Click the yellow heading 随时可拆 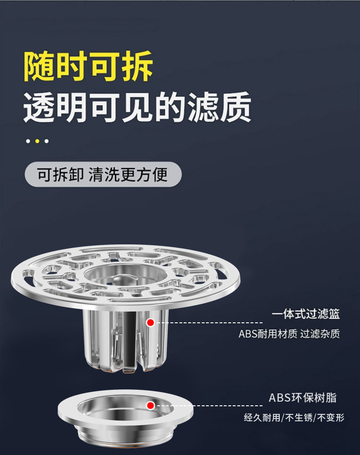pyautogui.click(x=88, y=67)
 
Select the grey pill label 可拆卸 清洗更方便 pyautogui.click(x=103, y=174)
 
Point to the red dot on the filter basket pyautogui.click(x=151, y=323)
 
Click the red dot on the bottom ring pyautogui.click(x=150, y=405)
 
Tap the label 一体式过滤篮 pyautogui.click(x=306, y=314)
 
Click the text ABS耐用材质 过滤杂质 pyautogui.click(x=289, y=334)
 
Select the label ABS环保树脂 pyautogui.click(x=303, y=398)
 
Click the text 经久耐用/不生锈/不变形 pyautogui.click(x=294, y=417)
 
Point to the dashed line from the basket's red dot pyautogui.click(x=210, y=323)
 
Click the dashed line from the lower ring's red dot pyautogui.click(x=210, y=405)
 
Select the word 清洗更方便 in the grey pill pyautogui.click(x=128, y=174)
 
